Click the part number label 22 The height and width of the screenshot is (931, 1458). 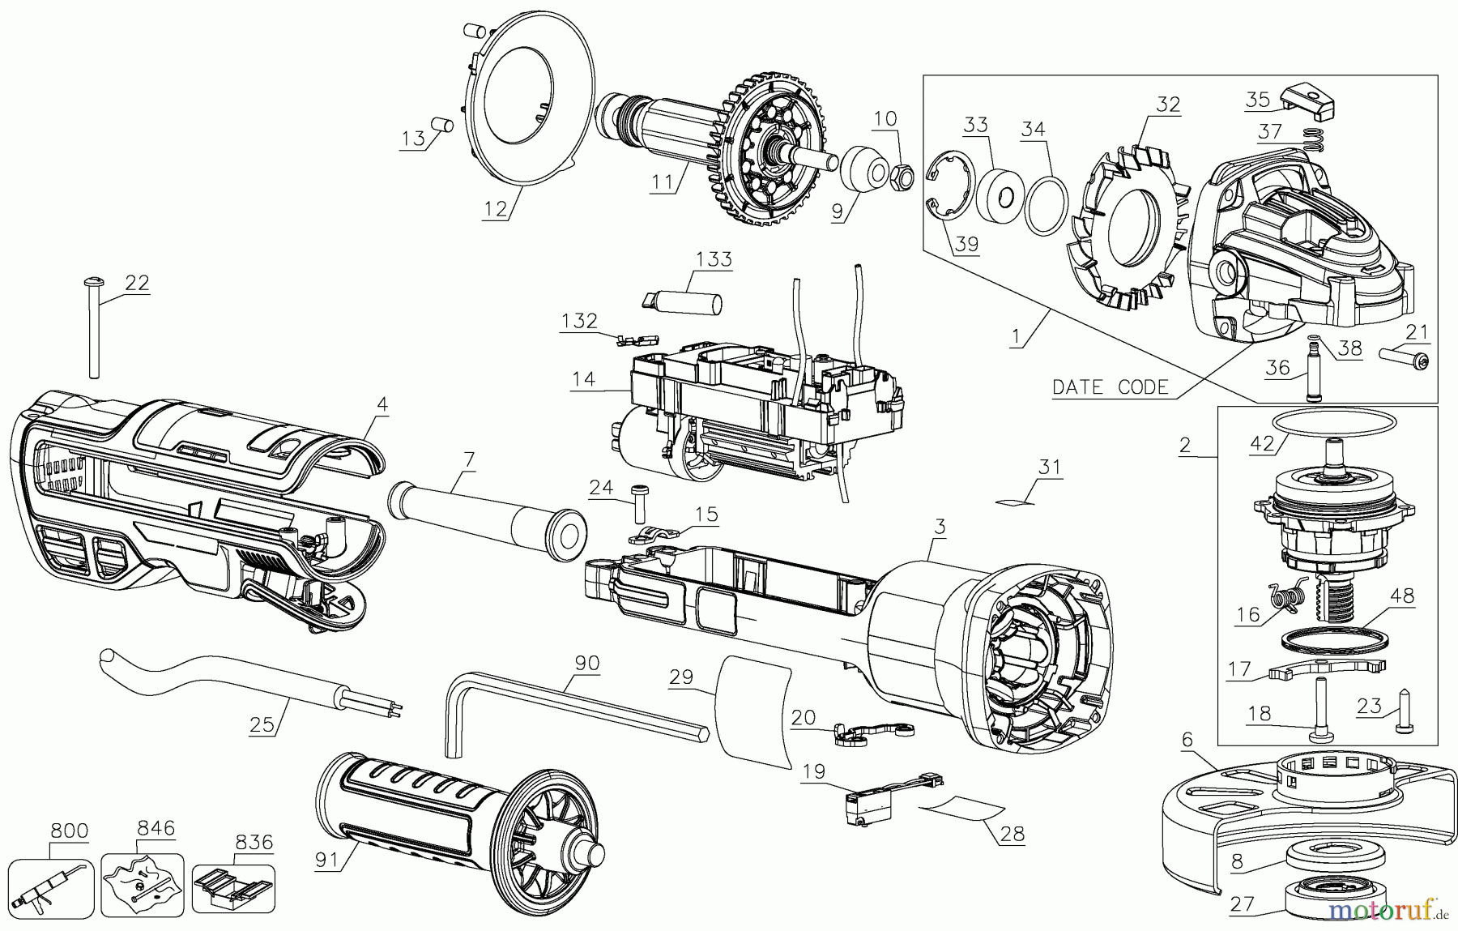(137, 283)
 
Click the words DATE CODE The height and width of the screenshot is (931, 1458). (1110, 387)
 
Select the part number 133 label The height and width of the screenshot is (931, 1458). (714, 259)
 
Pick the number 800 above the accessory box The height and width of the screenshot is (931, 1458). (69, 831)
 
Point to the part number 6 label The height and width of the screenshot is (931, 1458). (1187, 739)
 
